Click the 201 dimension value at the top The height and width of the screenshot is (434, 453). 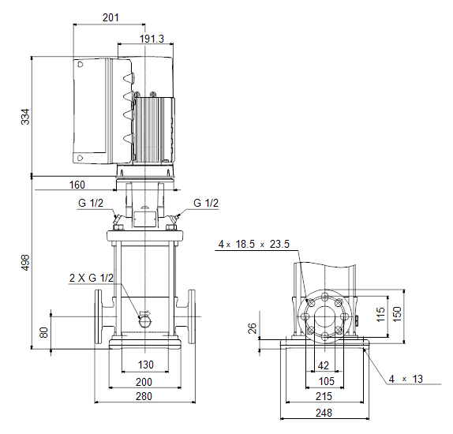pos(110,17)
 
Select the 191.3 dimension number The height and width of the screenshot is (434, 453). pos(152,39)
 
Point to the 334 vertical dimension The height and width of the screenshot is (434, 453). pos(25,117)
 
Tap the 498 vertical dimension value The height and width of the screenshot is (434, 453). pos(25,263)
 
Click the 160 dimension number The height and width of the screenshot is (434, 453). pos(77,185)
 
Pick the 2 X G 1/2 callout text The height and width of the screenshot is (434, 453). pos(92,278)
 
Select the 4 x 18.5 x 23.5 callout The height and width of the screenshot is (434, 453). pos(253,244)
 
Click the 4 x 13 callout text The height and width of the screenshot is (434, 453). pos(406,379)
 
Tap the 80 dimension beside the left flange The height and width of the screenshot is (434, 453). pos(43,332)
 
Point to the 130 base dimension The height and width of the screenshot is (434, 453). pos(145,365)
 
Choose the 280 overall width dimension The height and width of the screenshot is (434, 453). pos(144,396)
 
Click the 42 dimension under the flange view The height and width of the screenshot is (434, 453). pos(324,365)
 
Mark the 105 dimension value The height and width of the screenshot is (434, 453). pos(327,381)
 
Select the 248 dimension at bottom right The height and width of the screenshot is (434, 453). pos(324,413)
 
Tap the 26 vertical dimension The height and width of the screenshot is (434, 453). pos(253,328)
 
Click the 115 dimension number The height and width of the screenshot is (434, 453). pos(380,314)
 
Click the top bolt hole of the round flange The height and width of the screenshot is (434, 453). pos(325,297)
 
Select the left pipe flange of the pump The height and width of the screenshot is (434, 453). pos(98,316)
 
